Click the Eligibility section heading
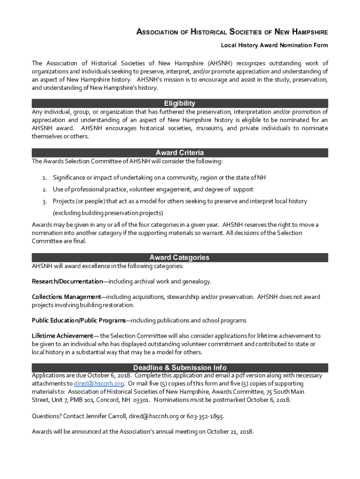tap(180, 103)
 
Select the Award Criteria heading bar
tap(180, 153)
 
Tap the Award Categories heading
tap(180, 258)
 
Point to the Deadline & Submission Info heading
tap(180, 368)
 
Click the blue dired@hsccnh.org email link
tap(99, 384)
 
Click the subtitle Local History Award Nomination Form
tap(274, 45)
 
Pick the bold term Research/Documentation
tap(67, 282)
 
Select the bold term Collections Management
tap(66, 297)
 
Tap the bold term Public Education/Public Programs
tap(78, 320)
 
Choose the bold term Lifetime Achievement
tap(62, 336)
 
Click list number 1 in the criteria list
tap(44, 178)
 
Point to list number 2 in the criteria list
tap(44, 189)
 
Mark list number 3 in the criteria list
tap(44, 202)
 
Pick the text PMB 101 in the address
tap(82, 400)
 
